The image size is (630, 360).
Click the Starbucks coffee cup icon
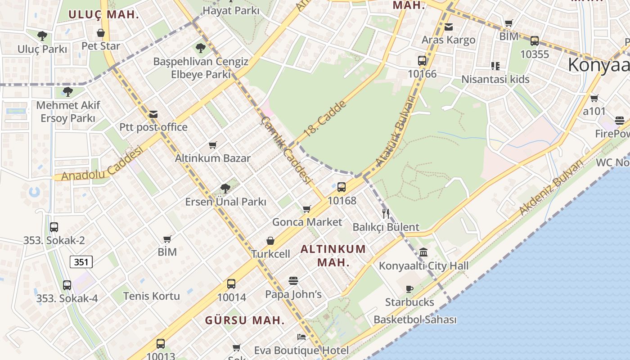tap(409, 289)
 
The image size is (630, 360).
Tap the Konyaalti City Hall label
tap(423, 265)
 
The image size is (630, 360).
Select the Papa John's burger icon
tap(293, 281)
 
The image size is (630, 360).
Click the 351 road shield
tap(81, 262)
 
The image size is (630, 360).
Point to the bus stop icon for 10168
tap(342, 187)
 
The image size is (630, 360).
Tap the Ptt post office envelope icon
tap(153, 114)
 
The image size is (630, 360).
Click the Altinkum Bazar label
tap(212, 158)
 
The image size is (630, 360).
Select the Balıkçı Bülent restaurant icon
tap(385, 213)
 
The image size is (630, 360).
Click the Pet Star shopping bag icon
tap(101, 33)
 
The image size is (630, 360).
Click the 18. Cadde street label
tap(325, 119)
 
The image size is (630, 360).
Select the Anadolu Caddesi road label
tap(102, 163)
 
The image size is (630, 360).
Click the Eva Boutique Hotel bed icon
tap(301, 337)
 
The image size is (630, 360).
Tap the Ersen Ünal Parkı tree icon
tap(225, 189)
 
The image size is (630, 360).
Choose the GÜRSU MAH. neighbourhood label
tap(245, 320)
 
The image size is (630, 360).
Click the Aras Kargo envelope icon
tap(448, 27)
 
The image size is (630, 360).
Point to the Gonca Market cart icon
tap(307, 209)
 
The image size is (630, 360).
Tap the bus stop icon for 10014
tap(231, 284)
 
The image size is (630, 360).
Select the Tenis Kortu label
tap(151, 296)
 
